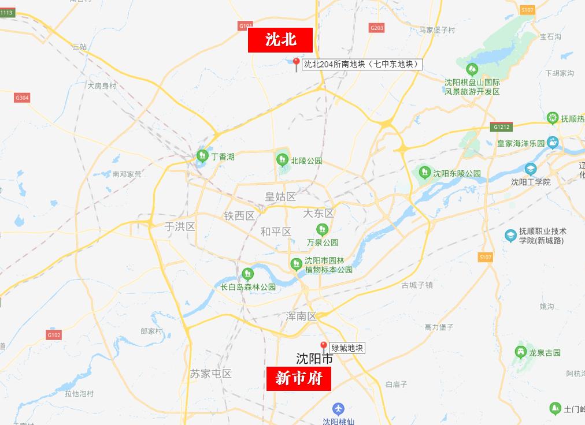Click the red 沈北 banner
click(x=280, y=40)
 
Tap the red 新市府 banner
click(x=298, y=378)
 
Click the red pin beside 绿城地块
click(x=324, y=346)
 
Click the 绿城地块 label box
click(x=347, y=348)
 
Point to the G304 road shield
click(x=22, y=98)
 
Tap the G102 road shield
click(x=54, y=335)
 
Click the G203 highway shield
click(x=376, y=28)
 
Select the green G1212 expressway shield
click(x=501, y=126)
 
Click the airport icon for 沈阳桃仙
click(x=339, y=408)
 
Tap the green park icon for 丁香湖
click(x=202, y=155)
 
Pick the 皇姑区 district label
click(x=280, y=197)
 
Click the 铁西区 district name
click(x=239, y=216)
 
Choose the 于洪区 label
click(x=180, y=226)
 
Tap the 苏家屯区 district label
click(x=210, y=374)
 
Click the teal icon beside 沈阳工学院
click(x=530, y=169)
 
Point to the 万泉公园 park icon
click(x=322, y=230)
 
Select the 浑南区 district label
click(x=301, y=316)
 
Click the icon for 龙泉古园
click(x=520, y=351)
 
